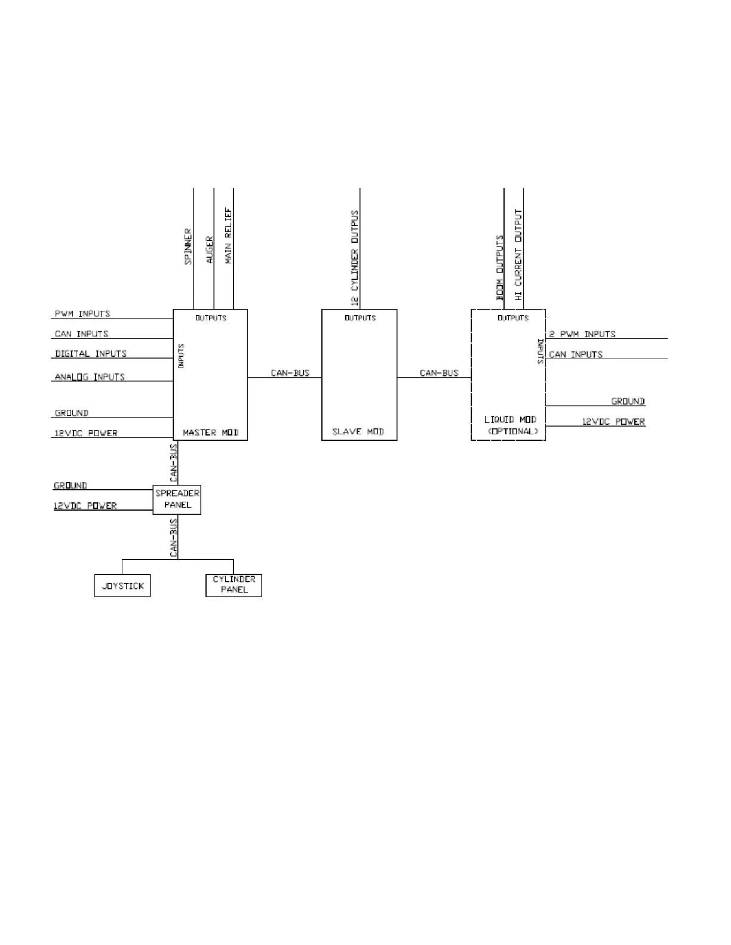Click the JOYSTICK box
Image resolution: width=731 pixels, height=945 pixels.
point(122,586)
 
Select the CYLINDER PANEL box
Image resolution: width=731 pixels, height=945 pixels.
point(234,585)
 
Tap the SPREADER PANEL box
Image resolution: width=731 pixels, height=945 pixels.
point(177,499)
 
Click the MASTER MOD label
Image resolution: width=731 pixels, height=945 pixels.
point(211,433)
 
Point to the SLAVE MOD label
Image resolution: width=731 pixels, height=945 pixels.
point(358,432)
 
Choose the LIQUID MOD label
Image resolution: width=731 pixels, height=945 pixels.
point(511,420)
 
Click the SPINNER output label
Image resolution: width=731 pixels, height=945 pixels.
point(189,246)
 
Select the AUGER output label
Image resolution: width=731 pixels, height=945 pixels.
point(209,250)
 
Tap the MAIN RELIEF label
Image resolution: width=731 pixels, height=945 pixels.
point(229,236)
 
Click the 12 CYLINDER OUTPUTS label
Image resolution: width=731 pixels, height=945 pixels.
point(355,258)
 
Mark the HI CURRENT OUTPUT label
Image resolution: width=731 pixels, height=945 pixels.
point(518,255)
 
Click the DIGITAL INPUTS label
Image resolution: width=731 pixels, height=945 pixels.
point(91,354)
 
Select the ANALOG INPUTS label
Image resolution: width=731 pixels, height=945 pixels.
point(90,377)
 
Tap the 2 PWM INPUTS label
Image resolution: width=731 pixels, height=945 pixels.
point(582,334)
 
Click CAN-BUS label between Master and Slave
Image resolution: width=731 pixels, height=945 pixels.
point(290,373)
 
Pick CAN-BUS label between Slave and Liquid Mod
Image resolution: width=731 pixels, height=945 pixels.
point(439,373)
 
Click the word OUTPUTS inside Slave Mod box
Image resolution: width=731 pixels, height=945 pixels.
point(360,318)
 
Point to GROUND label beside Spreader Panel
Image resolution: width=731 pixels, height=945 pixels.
point(70,486)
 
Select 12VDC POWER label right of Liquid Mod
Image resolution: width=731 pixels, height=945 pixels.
point(613,422)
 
